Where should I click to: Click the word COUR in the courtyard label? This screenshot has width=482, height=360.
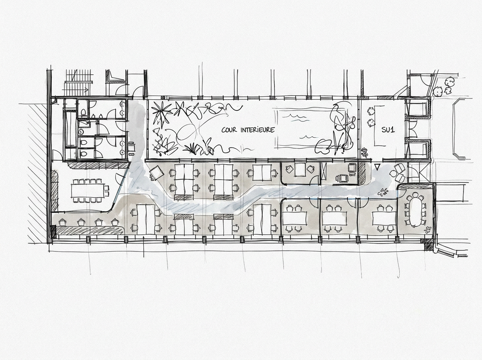click(x=229, y=130)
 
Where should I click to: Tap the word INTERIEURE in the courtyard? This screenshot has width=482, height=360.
click(x=257, y=130)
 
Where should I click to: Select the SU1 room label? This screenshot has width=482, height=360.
click(x=388, y=130)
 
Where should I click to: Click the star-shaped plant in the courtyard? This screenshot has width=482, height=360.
click(x=162, y=112)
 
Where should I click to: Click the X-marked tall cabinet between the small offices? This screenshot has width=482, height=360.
click(x=324, y=173)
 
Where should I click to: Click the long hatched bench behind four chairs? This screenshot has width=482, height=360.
click(x=90, y=230)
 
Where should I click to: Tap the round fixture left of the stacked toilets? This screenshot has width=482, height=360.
click(x=82, y=131)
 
